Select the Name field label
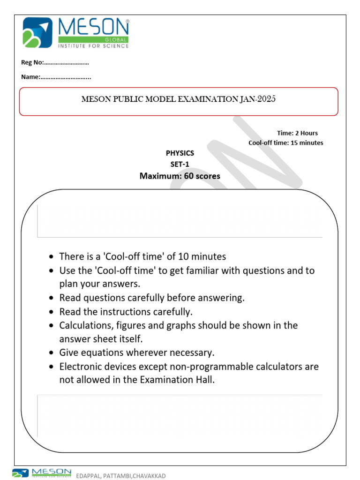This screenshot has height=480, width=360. click(30, 77)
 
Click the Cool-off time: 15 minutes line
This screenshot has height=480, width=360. click(285, 142)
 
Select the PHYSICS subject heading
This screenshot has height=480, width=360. click(180, 153)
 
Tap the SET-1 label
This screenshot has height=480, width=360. click(180, 164)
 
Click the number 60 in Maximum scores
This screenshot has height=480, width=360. click(190, 176)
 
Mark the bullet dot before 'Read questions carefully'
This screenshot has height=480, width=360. click(51, 298)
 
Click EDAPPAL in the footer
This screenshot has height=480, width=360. click(89, 476)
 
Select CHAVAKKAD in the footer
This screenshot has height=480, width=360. click(149, 476)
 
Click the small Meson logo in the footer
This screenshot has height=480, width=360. click(42, 472)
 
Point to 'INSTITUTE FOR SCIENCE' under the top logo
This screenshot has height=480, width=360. click(93, 46)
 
